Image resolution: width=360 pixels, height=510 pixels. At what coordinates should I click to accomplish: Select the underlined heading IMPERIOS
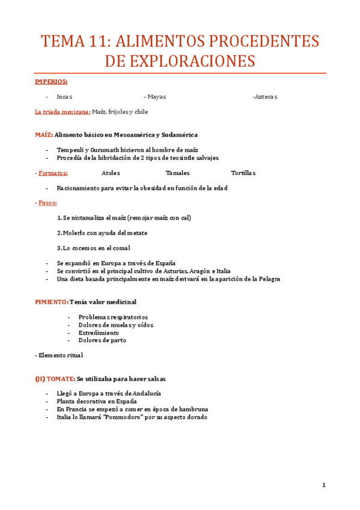click(x=51, y=81)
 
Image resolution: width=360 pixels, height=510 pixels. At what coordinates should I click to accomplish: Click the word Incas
click(x=64, y=97)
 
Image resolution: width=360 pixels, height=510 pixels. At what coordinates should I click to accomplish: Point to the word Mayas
click(x=156, y=97)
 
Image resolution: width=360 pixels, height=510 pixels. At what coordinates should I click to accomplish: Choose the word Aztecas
click(x=266, y=97)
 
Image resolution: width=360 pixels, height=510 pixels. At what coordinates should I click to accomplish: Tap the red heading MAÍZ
click(x=44, y=135)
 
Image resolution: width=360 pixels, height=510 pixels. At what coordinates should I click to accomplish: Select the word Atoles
click(x=111, y=173)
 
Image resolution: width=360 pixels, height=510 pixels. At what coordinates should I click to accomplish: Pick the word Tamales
click(x=177, y=173)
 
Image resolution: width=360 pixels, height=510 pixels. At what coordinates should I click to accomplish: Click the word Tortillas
click(x=243, y=173)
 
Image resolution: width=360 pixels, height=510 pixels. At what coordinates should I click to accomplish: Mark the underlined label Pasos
click(x=48, y=203)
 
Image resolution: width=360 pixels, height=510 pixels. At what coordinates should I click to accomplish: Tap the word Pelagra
click(x=266, y=279)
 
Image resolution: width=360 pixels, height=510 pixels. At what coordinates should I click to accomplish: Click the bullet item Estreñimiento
click(x=99, y=333)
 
